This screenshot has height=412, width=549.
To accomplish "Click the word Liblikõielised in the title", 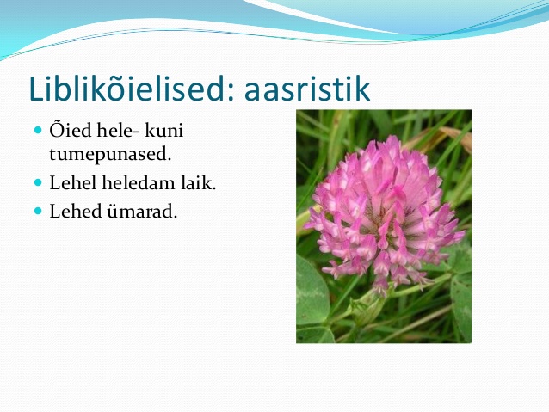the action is (x=130, y=89).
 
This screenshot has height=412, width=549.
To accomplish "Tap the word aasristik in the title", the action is (x=307, y=89).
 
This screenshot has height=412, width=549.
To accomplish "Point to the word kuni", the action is (x=163, y=130).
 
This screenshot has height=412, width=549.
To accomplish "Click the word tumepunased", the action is (x=110, y=154).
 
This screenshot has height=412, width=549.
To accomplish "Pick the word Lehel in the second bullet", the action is (x=73, y=182).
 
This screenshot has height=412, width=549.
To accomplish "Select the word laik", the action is (x=199, y=182).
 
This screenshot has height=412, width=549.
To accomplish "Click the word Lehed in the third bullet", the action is (x=75, y=211).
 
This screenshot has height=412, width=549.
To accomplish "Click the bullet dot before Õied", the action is (x=38, y=130).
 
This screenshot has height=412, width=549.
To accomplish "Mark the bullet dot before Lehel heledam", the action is (x=38, y=182).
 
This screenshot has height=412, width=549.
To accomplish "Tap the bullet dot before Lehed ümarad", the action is (x=38, y=211).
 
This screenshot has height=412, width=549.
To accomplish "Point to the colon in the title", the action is (x=230, y=91).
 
